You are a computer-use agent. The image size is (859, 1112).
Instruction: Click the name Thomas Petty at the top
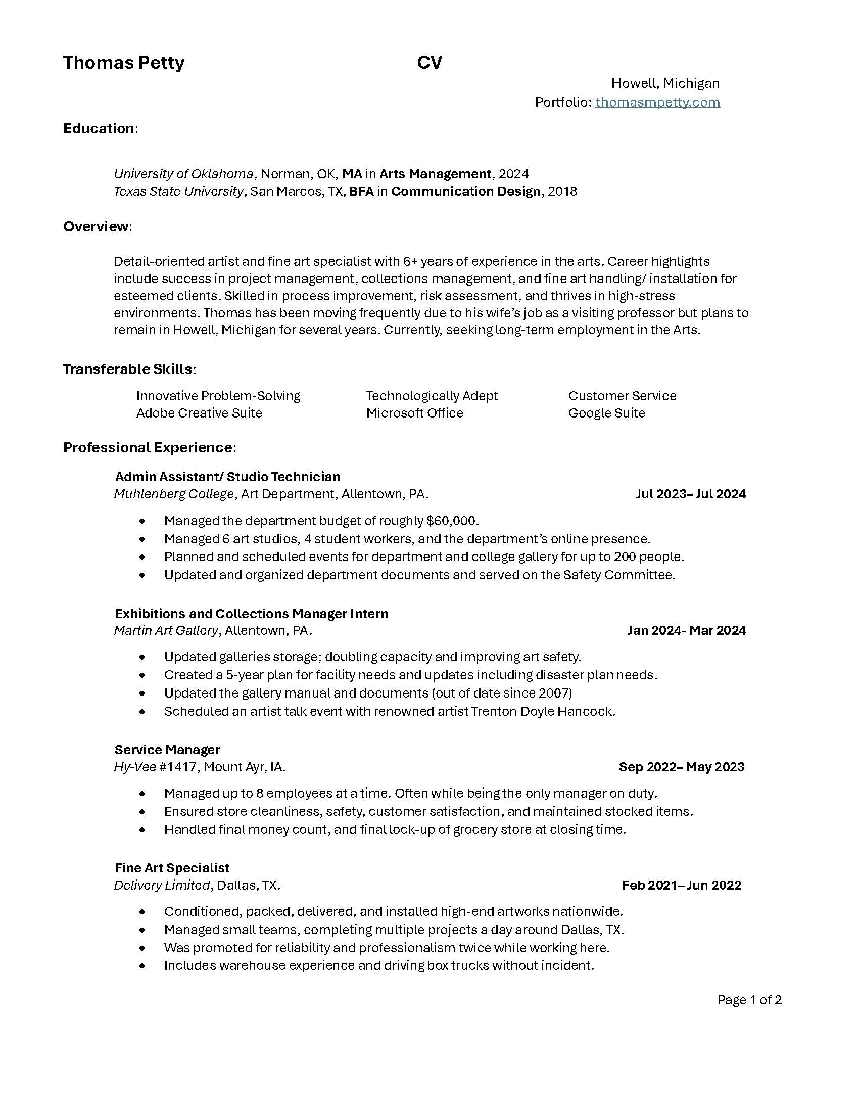point(124,63)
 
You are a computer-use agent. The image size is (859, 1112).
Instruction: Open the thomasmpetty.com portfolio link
point(657,102)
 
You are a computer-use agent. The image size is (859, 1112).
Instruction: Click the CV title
point(429,63)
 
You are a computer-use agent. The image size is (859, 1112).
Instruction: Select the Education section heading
point(99,129)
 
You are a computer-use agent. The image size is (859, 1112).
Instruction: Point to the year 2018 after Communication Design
point(562,192)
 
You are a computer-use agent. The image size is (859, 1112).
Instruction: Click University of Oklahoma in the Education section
point(183,174)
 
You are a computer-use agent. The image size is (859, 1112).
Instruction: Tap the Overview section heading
point(96,226)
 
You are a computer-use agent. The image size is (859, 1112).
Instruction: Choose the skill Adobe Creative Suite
point(199,413)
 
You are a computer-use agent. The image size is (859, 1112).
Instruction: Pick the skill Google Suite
point(606,413)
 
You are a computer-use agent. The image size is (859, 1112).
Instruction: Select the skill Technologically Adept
point(432,396)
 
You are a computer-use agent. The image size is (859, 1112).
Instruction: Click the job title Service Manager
point(167,750)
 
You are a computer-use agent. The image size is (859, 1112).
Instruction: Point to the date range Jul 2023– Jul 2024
point(691,494)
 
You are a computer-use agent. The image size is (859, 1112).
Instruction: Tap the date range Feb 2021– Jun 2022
point(682,885)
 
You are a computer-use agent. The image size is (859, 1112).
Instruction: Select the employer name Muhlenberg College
point(173,494)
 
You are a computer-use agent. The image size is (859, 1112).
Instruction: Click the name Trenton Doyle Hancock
point(543,711)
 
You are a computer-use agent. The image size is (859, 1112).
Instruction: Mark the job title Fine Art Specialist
point(172,867)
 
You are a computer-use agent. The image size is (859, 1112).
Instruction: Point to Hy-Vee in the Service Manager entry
point(135,767)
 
